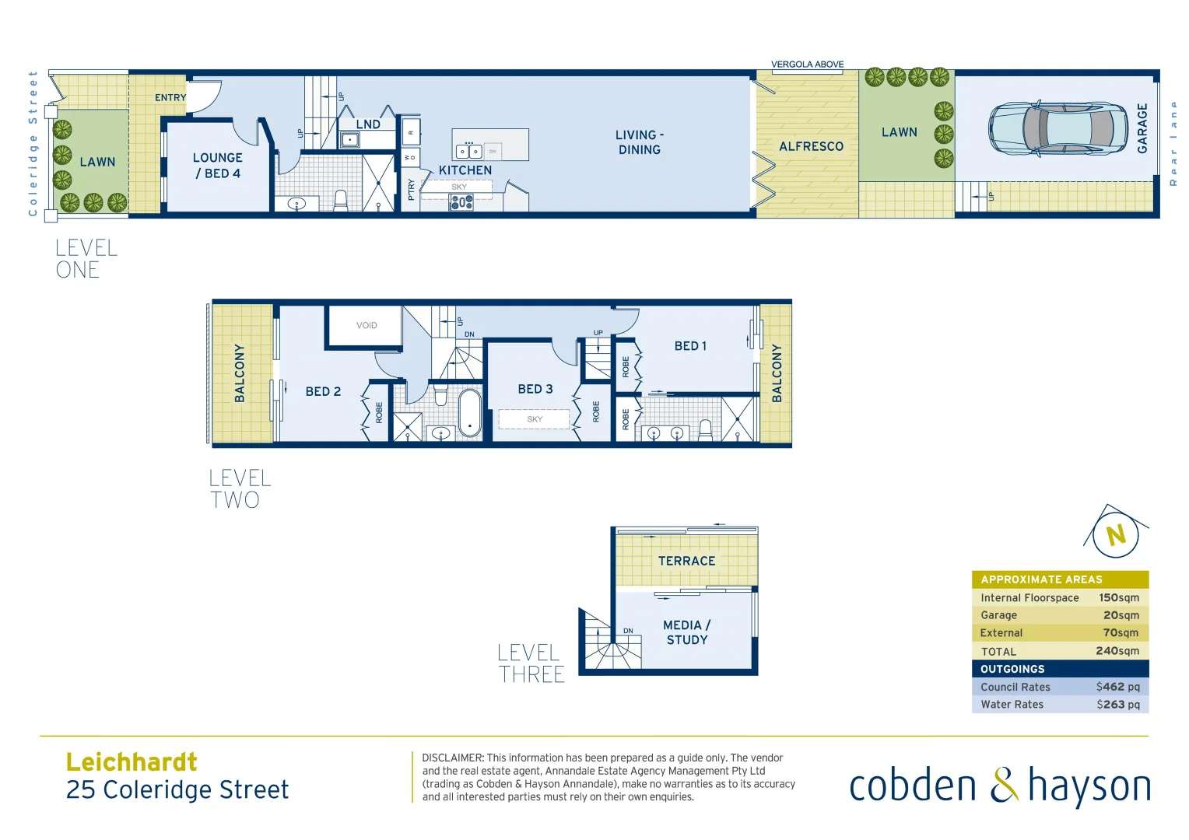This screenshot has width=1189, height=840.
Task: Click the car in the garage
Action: (x=1057, y=128)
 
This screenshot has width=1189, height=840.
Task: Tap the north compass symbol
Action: (x=1116, y=534)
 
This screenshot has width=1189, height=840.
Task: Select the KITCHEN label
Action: (x=465, y=170)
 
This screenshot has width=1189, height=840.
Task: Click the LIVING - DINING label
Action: (x=640, y=142)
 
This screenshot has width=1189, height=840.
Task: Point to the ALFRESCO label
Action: (x=811, y=146)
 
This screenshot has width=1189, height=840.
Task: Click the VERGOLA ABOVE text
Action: (x=807, y=65)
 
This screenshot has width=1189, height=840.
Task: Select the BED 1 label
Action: (x=690, y=346)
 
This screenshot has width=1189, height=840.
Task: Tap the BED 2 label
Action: (x=323, y=391)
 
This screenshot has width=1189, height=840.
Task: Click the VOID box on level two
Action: (x=366, y=326)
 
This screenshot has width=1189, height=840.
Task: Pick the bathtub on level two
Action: (x=470, y=413)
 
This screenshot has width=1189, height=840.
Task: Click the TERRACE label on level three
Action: (x=686, y=561)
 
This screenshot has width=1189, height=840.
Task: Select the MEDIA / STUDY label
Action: (x=686, y=632)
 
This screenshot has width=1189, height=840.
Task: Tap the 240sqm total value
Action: (x=1117, y=651)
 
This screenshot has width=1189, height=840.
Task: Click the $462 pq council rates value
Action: (x=1117, y=687)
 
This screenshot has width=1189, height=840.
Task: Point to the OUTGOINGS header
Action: (x=1012, y=669)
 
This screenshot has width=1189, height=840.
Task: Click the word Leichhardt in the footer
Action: (x=132, y=761)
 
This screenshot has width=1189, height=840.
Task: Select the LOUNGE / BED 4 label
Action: (x=218, y=166)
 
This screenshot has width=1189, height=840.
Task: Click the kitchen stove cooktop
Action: (x=461, y=203)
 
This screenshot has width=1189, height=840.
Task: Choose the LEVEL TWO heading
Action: (x=240, y=489)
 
